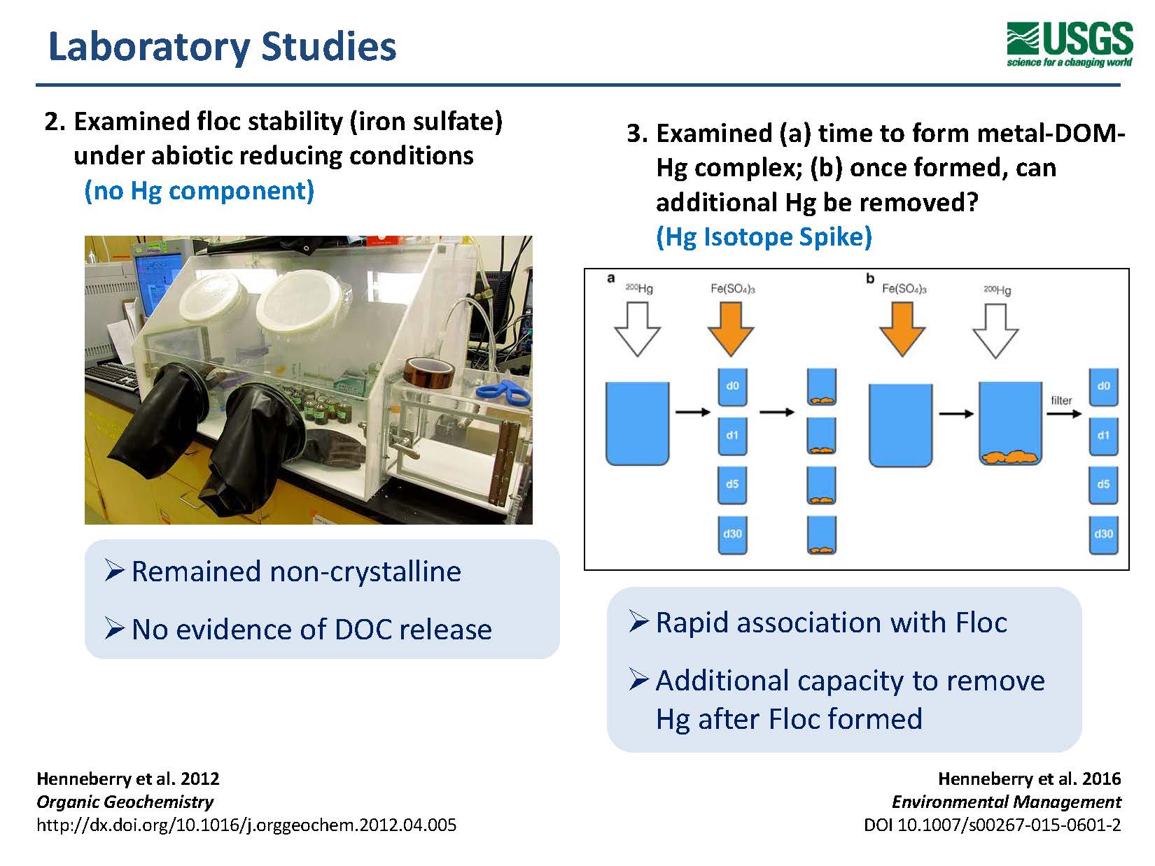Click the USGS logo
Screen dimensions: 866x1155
1069,43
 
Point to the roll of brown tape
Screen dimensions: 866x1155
428,371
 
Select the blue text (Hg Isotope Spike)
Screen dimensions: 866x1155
764,236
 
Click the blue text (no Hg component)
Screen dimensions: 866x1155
199,190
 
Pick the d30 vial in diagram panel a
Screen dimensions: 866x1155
732,534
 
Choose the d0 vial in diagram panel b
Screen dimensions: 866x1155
1103,387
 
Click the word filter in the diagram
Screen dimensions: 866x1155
1061,400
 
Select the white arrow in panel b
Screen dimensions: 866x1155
996,331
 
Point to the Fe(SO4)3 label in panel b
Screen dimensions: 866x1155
904,288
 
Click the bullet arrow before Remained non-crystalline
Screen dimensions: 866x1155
114,570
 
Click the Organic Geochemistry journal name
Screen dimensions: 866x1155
125,802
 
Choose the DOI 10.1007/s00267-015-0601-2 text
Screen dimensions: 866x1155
992,825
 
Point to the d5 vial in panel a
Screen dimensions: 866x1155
732,485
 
